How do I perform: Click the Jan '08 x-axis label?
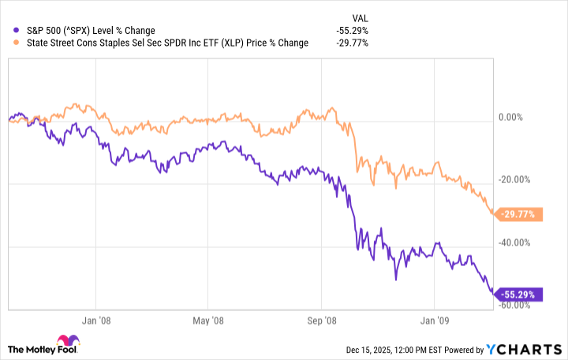(95, 321)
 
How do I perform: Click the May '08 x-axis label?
(207, 321)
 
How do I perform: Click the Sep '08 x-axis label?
(322, 321)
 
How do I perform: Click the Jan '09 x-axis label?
(435, 321)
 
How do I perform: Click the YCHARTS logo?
(529, 349)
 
